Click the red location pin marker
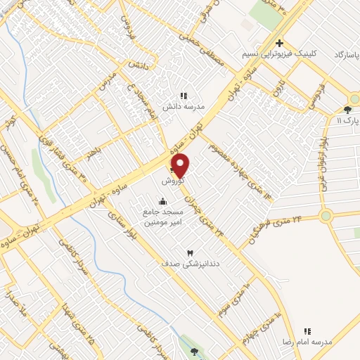tap(181, 166)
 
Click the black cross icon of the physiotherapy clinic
tap(280, 43)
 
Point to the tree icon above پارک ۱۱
tap(347, 109)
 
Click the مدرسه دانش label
tap(184, 106)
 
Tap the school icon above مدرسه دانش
tap(184, 96)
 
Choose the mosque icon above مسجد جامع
tap(163, 201)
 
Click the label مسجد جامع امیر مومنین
tap(163, 217)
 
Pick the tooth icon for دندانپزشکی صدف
tap(189, 252)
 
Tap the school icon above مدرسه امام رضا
tap(307, 330)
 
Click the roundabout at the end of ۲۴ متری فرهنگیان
tap(326, 216)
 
